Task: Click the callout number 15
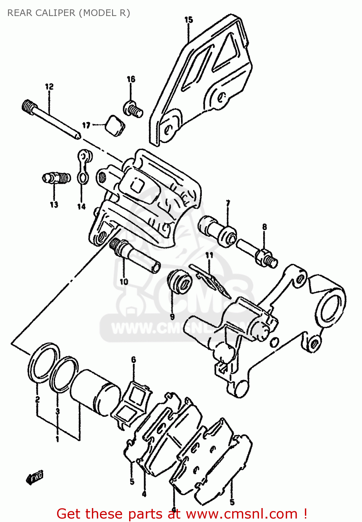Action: (188, 20)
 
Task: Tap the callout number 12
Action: (49, 86)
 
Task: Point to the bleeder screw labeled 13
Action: (56, 178)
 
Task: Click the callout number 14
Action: (81, 207)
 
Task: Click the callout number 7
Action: (228, 203)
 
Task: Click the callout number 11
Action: (209, 255)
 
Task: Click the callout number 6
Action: (133, 359)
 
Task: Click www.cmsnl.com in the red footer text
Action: (242, 514)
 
